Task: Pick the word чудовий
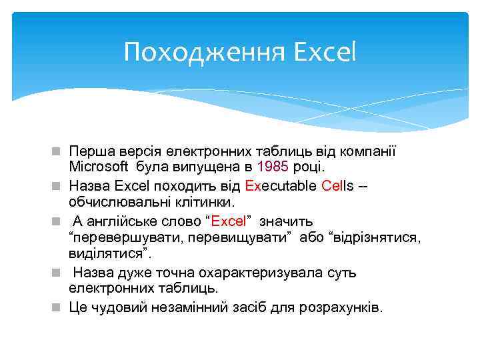(118, 307)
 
